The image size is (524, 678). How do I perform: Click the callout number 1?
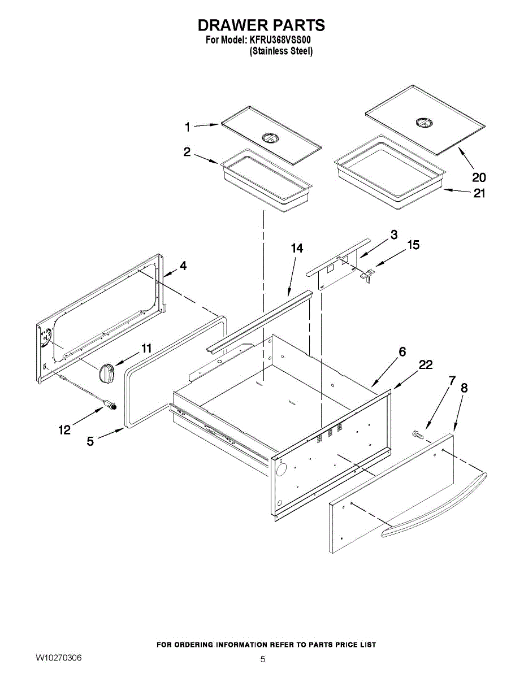(x=188, y=128)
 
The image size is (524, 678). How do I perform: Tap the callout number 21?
(x=479, y=193)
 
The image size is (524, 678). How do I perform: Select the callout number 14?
(x=297, y=249)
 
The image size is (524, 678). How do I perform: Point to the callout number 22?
(x=426, y=365)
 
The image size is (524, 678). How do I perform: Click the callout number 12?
(x=64, y=430)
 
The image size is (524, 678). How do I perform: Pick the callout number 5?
(x=90, y=441)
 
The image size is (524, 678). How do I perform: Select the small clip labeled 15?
(x=367, y=275)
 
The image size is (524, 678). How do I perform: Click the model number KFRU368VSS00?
(x=280, y=40)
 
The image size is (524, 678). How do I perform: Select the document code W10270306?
(x=59, y=658)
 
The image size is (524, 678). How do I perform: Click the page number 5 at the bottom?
(x=263, y=659)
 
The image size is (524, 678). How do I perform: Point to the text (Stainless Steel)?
(x=281, y=51)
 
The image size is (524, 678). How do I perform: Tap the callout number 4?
(x=183, y=266)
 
